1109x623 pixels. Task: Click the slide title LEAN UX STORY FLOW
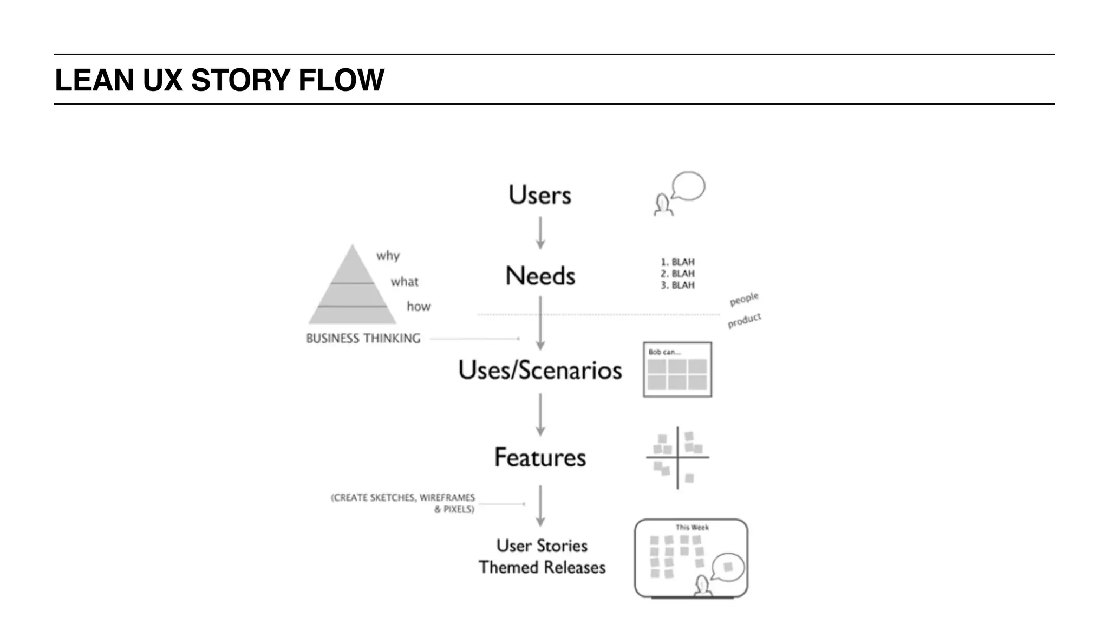click(219, 80)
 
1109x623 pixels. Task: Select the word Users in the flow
click(539, 195)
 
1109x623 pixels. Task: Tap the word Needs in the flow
click(540, 276)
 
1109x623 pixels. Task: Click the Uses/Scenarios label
click(540, 370)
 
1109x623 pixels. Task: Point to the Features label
click(540, 457)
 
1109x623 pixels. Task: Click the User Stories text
click(542, 546)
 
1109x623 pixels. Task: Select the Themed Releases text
click(542, 567)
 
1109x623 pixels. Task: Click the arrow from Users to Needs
click(540, 233)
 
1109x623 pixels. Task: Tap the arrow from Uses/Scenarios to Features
click(540, 414)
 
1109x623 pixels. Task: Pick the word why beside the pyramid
click(388, 256)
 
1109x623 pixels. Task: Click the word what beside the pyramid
click(405, 282)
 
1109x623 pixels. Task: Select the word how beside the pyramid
click(419, 307)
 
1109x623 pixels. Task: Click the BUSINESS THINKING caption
click(363, 339)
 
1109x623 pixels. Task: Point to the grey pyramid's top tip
click(353, 246)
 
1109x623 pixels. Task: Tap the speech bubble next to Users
click(688, 186)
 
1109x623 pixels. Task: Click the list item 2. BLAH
click(677, 274)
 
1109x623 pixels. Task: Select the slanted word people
click(744, 298)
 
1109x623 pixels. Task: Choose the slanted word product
click(744, 320)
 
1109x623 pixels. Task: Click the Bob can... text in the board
click(664, 352)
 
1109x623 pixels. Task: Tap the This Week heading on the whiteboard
click(692, 527)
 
